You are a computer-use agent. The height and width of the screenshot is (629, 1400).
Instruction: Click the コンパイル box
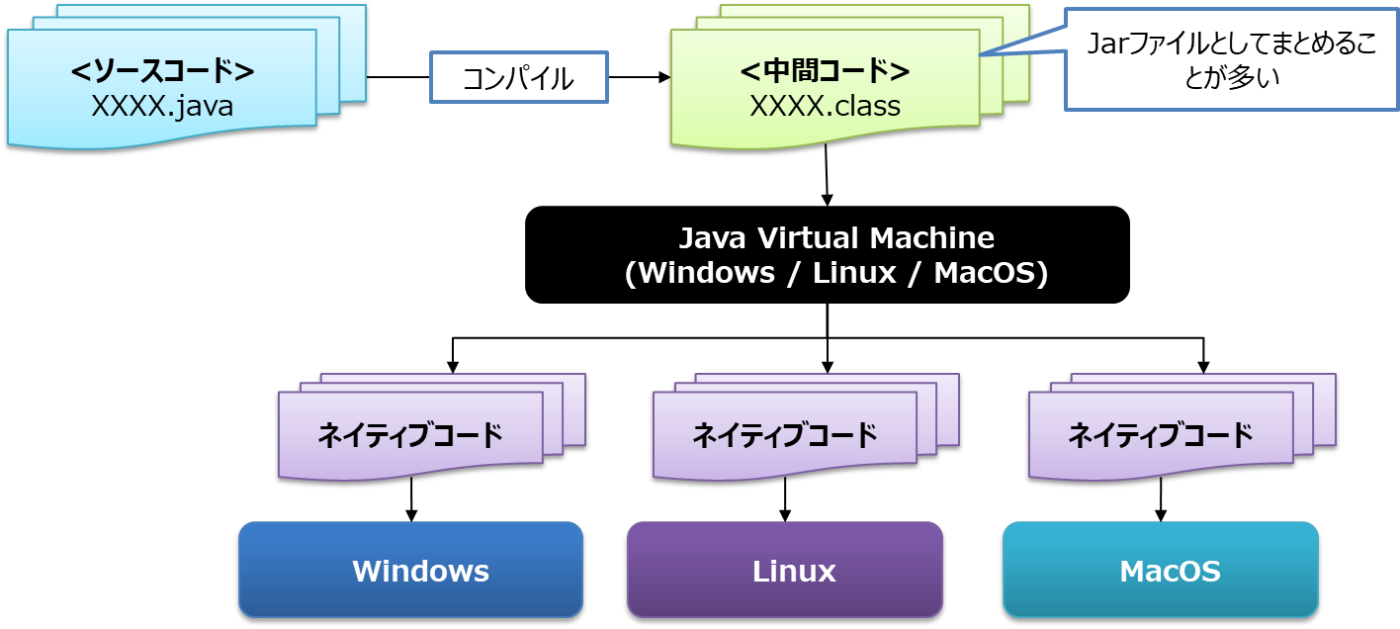[x=518, y=78]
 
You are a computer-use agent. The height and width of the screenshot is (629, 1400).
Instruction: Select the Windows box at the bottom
[x=410, y=571]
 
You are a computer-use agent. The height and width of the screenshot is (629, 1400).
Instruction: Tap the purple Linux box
[x=785, y=571]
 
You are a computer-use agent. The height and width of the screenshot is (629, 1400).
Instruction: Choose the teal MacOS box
[x=1161, y=571]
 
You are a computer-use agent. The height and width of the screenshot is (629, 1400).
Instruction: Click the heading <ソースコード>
[x=162, y=72]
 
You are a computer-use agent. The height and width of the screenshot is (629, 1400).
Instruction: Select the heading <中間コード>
[x=825, y=72]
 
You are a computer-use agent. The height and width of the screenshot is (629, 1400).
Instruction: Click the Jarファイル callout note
[x=1231, y=59]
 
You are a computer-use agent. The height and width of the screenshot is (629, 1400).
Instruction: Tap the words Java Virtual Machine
[x=835, y=238]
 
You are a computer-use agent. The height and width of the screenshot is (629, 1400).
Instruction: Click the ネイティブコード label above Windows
[x=409, y=435]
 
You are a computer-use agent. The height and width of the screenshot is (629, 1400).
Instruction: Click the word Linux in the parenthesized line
[x=853, y=274]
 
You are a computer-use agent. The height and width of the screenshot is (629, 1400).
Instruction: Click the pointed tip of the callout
[x=981, y=55]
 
